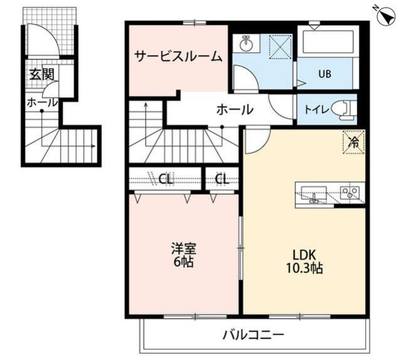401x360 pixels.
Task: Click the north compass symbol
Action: click(x=386, y=16)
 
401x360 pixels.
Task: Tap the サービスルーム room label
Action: click(x=178, y=56)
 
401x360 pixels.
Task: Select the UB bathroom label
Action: click(x=325, y=74)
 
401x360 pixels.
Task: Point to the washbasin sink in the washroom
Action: click(x=246, y=44)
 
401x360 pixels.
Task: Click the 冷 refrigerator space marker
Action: click(x=354, y=142)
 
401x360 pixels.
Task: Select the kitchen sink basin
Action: click(x=314, y=193)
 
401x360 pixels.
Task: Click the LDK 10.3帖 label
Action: click(x=305, y=262)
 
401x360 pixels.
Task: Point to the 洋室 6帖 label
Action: click(x=184, y=255)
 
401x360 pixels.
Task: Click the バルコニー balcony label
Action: click(x=253, y=335)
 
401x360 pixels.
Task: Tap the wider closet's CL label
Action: click(x=166, y=179)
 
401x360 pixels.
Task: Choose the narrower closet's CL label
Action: click(x=222, y=179)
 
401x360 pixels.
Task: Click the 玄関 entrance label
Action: click(x=42, y=74)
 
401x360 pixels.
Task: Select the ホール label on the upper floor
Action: click(x=235, y=110)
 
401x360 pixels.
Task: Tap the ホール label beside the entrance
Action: click(x=42, y=103)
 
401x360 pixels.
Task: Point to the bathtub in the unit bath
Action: click(x=328, y=42)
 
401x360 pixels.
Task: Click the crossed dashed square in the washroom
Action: click(x=281, y=47)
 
